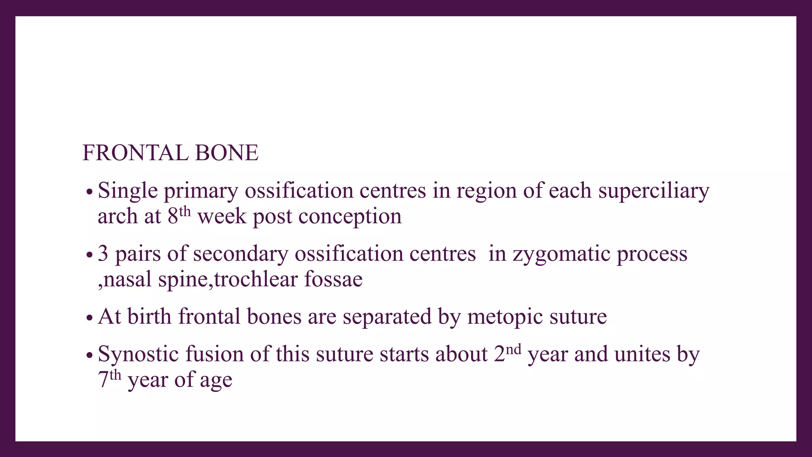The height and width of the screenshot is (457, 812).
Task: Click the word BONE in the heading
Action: (226, 153)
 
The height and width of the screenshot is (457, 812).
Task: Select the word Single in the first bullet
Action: (128, 191)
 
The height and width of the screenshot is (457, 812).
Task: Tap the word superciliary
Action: (653, 191)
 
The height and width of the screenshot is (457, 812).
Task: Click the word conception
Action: (350, 217)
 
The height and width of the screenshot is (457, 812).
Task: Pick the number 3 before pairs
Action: (103, 253)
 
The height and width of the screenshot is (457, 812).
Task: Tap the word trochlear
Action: (256, 279)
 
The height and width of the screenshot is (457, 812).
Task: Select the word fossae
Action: (333, 279)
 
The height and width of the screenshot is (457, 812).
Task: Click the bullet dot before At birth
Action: (89, 318)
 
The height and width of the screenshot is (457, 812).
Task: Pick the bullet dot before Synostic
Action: (89, 355)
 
